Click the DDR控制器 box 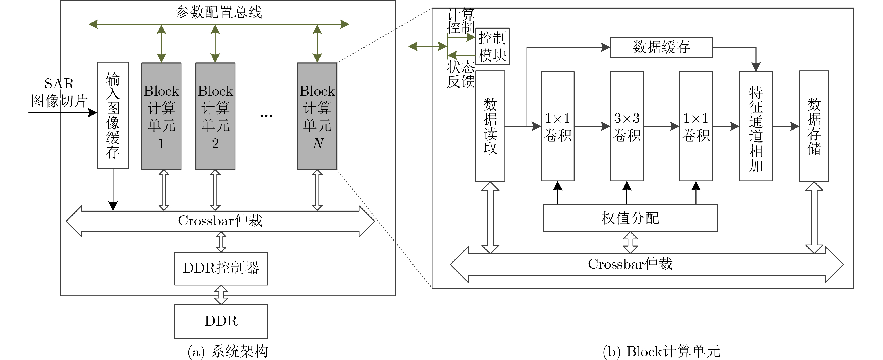point(221,269)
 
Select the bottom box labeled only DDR point(221,322)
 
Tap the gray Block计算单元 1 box point(161,116)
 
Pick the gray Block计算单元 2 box point(215,116)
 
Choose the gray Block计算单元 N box point(317,116)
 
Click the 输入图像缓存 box point(113,115)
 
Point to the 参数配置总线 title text point(219,12)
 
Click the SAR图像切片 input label point(59,92)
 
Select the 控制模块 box point(492,46)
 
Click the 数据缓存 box point(661,47)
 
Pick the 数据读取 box point(490,126)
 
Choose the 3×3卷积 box point(627,126)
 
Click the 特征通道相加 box point(756,126)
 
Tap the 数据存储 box point(814,126)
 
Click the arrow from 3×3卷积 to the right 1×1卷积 point(661,126)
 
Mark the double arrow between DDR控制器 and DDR point(221,295)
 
